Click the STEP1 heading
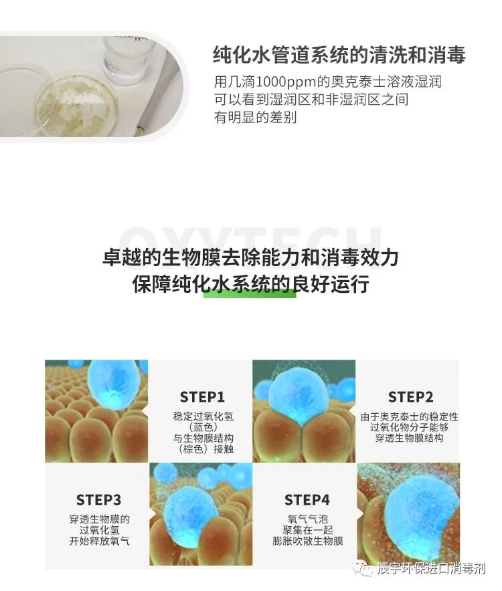(202, 396)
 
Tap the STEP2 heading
(410, 396)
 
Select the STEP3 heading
(98, 500)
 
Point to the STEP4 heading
(307, 500)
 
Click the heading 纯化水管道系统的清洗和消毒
(339, 54)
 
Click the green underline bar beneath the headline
(249, 293)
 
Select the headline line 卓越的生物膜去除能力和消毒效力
(250, 258)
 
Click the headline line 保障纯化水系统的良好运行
(250, 283)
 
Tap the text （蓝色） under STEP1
(202, 427)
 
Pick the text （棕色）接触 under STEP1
(202, 449)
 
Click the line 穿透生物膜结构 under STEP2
(410, 438)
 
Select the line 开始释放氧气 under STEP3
(98, 540)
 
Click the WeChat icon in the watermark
(365, 569)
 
